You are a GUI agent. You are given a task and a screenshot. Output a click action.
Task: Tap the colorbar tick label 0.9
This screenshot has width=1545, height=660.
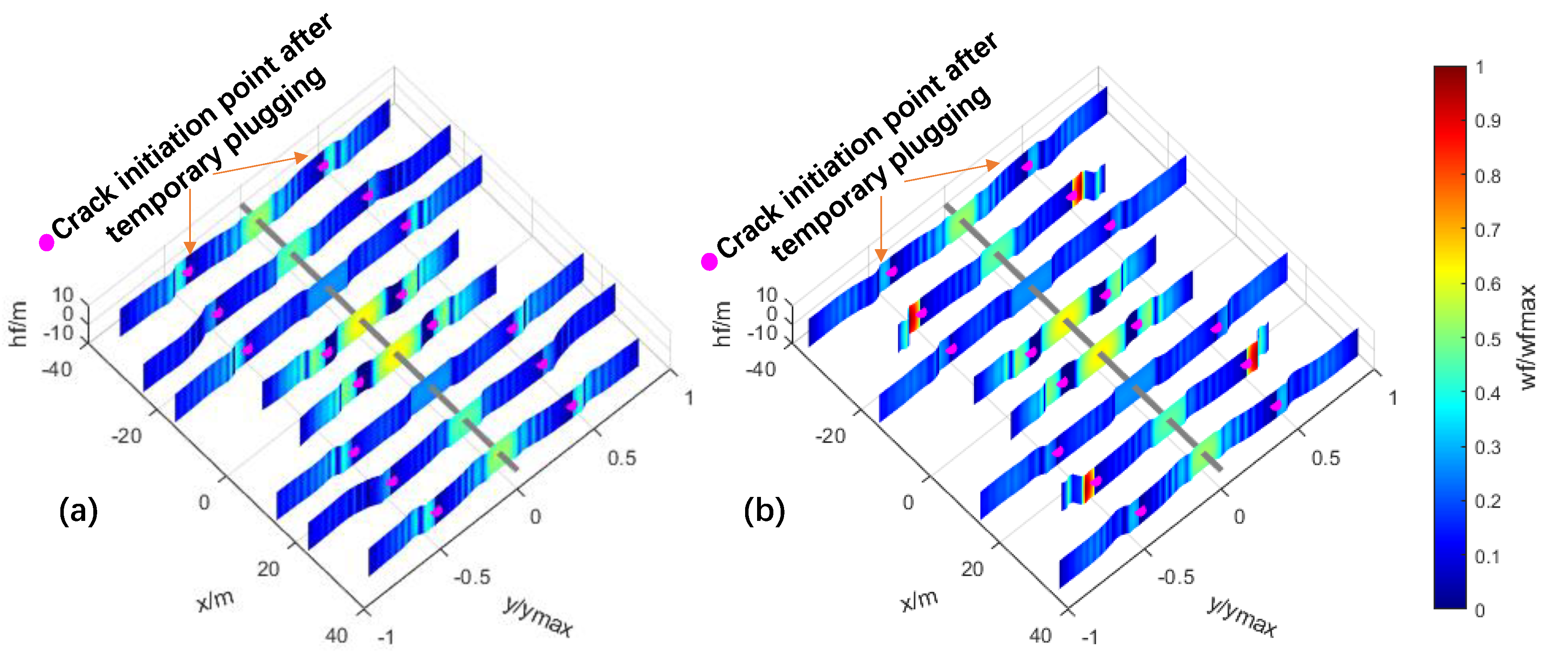(1487, 121)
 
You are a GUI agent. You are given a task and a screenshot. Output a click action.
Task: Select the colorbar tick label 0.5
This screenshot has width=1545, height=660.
(1487, 339)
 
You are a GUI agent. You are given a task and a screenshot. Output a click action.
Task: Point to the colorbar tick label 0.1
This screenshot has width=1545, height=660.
(1487, 557)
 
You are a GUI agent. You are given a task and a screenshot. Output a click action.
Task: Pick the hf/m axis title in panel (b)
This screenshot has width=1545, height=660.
(723, 324)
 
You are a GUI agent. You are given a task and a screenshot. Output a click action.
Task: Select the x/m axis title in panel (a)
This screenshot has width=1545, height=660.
(215, 600)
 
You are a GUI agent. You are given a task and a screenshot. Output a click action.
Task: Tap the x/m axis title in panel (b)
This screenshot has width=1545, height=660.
(919, 600)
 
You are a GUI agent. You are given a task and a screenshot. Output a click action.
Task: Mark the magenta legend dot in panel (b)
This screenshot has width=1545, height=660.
(710, 262)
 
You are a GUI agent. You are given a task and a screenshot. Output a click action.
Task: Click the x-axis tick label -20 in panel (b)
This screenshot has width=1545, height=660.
(830, 436)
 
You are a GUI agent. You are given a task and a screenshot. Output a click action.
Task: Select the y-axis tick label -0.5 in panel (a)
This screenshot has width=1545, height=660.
(472, 577)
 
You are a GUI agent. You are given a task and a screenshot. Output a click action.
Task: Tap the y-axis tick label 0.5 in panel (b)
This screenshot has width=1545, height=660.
(1325, 458)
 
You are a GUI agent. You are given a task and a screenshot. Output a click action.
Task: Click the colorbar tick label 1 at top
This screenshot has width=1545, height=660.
(1480, 67)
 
